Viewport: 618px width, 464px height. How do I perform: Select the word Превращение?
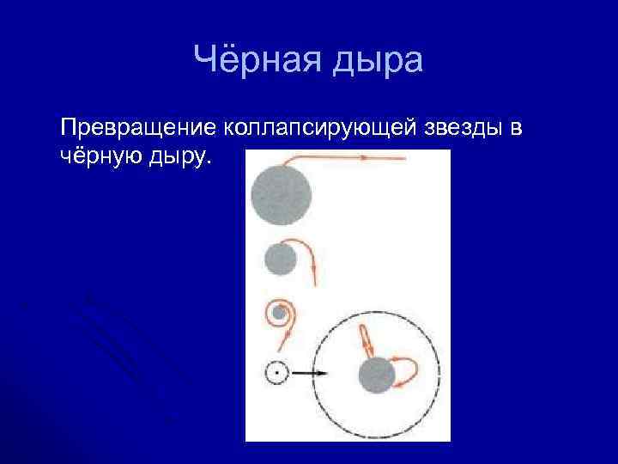pyautogui.click(x=139, y=128)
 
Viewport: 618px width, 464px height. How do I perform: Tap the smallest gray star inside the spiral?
pyautogui.click(x=279, y=314)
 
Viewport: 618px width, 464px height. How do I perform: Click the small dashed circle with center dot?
pyautogui.click(x=276, y=374)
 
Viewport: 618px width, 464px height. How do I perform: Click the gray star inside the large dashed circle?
pyautogui.click(x=376, y=375)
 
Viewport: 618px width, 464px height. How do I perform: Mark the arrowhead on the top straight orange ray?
pyautogui.click(x=365, y=158)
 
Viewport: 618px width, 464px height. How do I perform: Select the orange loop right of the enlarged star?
pyautogui.click(x=409, y=371)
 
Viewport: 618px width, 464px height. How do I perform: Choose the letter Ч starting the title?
pyautogui.click(x=206, y=60)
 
